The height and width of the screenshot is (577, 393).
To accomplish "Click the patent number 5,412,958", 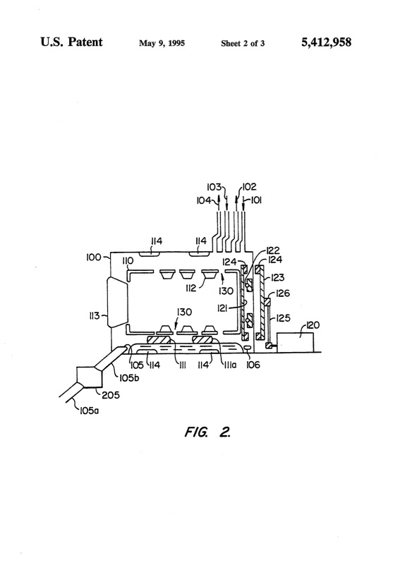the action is pyautogui.click(x=327, y=42).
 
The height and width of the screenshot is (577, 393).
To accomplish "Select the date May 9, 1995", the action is pyautogui.click(x=162, y=43).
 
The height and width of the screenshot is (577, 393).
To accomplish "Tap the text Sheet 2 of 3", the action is pyautogui.click(x=243, y=44).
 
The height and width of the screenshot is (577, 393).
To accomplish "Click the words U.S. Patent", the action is pyautogui.click(x=71, y=42).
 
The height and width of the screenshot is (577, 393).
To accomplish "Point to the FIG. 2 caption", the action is pyautogui.click(x=207, y=431).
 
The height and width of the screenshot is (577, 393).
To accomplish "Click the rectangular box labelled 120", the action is pyautogui.click(x=295, y=343).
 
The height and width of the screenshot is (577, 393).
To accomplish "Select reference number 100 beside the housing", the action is pyautogui.click(x=93, y=257).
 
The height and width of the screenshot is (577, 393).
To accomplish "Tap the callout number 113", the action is pyautogui.click(x=95, y=315).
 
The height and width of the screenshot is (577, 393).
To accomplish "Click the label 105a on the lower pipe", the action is pyautogui.click(x=89, y=411).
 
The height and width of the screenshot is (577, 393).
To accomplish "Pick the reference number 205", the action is pyautogui.click(x=111, y=395).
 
